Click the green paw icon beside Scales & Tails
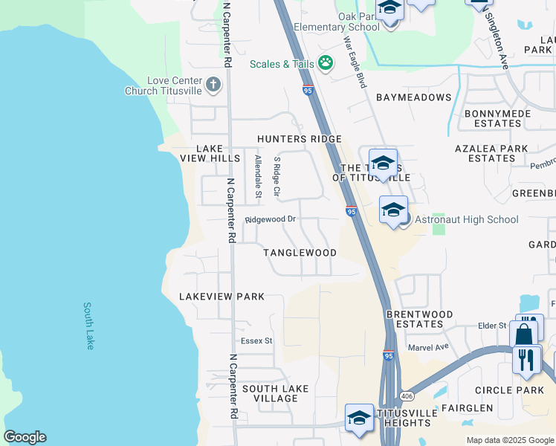[325, 63]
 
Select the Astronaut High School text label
[467, 219]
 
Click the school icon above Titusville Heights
[359, 418]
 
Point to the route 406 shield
[407, 395]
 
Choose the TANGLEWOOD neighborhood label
[300, 253]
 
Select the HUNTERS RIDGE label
[299, 139]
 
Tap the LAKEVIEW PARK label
[222, 297]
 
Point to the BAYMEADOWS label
[413, 97]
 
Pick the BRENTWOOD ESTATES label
[419, 319]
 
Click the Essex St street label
[256, 341]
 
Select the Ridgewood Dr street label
[271, 219]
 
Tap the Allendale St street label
[259, 177]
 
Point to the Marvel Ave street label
[428, 347]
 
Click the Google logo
[25, 437]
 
